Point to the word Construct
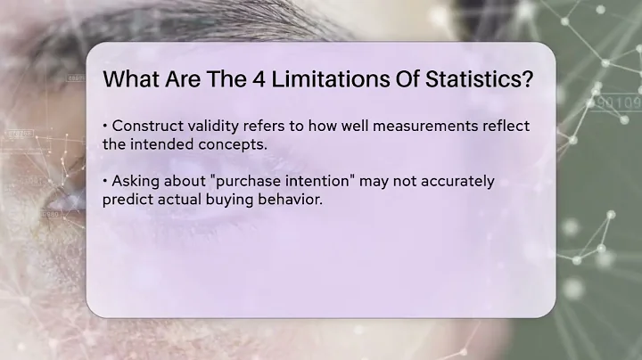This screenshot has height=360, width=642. pyautogui.click(x=146, y=125)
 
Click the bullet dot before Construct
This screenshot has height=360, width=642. pyautogui.click(x=105, y=125)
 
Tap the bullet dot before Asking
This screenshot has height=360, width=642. pyautogui.click(x=105, y=181)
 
